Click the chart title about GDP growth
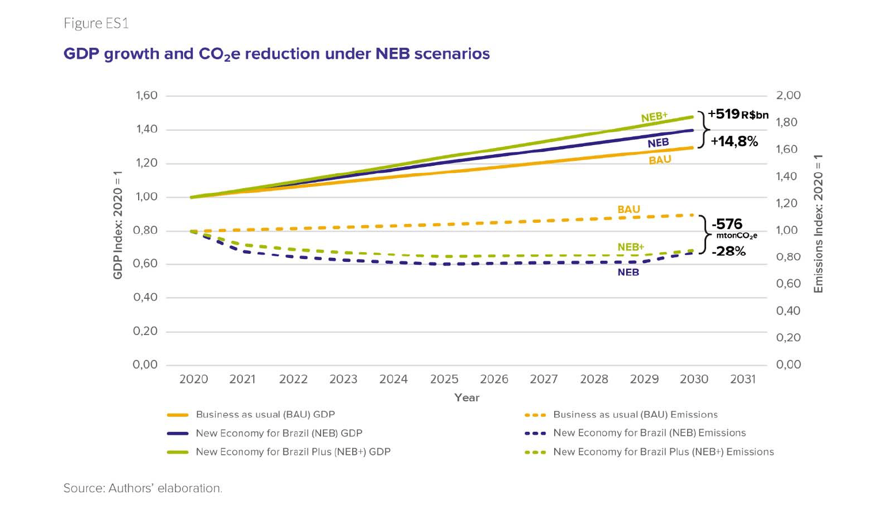tap(276, 54)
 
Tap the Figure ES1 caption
tap(96, 24)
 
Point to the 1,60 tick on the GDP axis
tap(146, 96)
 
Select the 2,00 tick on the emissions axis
tap(788, 96)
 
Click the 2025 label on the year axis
tap(444, 379)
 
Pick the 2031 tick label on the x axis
tap(742, 379)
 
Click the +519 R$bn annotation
tap(738, 114)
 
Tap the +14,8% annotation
tap(734, 141)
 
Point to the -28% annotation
tap(728, 251)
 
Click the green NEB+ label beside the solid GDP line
tap(654, 117)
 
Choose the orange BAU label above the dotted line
tap(628, 210)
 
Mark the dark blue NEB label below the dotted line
tap(628, 272)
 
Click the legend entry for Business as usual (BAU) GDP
tap(265, 414)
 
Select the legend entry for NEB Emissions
tap(649, 433)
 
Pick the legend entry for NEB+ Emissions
tap(663, 452)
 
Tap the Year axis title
tap(466, 398)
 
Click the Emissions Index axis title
tap(818, 223)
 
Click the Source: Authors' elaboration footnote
tap(142, 488)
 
